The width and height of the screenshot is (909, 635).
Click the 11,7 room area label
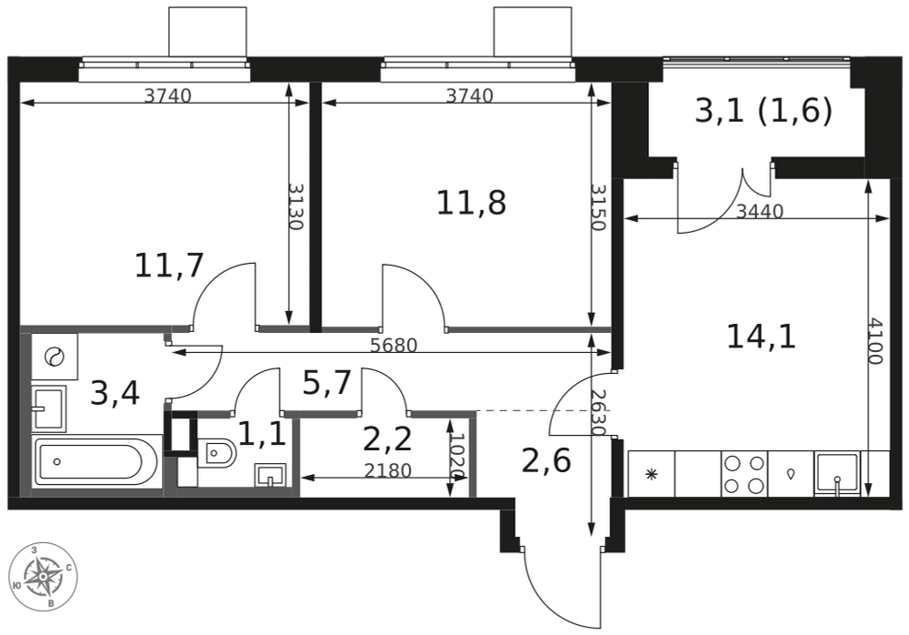point(169,266)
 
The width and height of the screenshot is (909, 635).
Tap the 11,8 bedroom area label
point(471,203)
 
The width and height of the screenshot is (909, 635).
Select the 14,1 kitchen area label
point(761,337)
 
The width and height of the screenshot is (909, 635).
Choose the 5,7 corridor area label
point(327,383)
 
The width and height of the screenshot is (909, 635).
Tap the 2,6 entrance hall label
point(546,461)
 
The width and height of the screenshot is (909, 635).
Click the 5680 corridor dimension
point(394,346)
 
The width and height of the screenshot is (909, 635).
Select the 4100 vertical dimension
point(875,341)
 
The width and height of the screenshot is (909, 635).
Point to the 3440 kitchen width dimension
point(759,211)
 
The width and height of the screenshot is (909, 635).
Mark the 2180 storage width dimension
point(388,470)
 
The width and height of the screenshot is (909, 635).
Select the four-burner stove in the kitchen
point(744,474)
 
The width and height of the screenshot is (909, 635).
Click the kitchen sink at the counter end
point(837,474)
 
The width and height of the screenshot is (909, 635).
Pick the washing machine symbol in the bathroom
point(55,357)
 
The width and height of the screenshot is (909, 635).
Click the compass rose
point(44,577)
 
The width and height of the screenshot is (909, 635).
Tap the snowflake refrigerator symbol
point(652,474)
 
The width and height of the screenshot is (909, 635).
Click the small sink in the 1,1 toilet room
point(270,475)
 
